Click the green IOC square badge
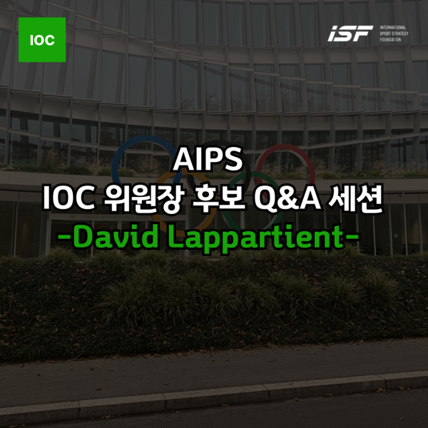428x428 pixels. tap(42, 39)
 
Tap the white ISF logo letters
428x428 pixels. tap(350, 34)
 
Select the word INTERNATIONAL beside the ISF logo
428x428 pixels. tap(393, 28)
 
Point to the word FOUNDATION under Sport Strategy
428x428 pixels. tap(390, 39)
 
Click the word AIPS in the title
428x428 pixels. tap(208, 160)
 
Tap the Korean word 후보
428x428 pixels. tap(218, 198)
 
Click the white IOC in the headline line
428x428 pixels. tap(68, 198)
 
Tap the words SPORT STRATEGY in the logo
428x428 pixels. tap(394, 34)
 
